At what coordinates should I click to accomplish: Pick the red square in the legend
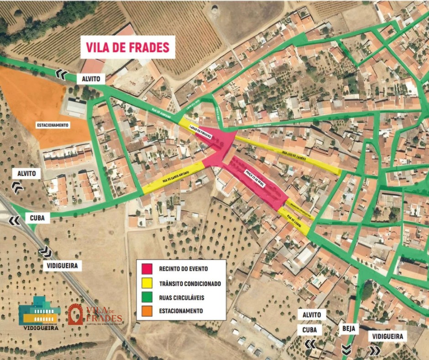pyautogui.click(x=147, y=269)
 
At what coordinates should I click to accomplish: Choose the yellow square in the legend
pyautogui.click(x=147, y=283)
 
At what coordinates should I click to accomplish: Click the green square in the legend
pyautogui.click(x=147, y=297)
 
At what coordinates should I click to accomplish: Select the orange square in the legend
pyautogui.click(x=147, y=311)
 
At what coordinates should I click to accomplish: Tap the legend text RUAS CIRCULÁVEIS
pyautogui.click(x=182, y=297)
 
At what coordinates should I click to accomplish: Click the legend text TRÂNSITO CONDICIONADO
pyautogui.click(x=190, y=283)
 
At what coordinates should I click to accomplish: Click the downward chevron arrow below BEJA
pyautogui.click(x=346, y=349)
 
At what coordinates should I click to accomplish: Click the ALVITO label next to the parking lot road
pyautogui.click(x=90, y=79)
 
